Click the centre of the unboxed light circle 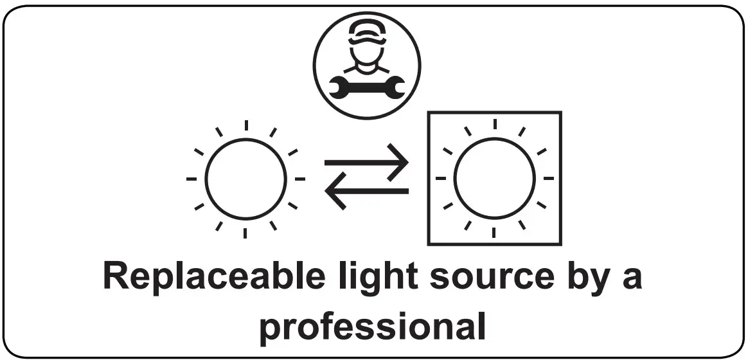tap(245, 178)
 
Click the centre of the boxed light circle tap(494, 178)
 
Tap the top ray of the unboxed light tap(245, 126)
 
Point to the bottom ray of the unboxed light tap(245, 231)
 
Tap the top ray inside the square tap(494, 125)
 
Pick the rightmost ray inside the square tap(548, 178)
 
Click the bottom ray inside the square tap(494, 231)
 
